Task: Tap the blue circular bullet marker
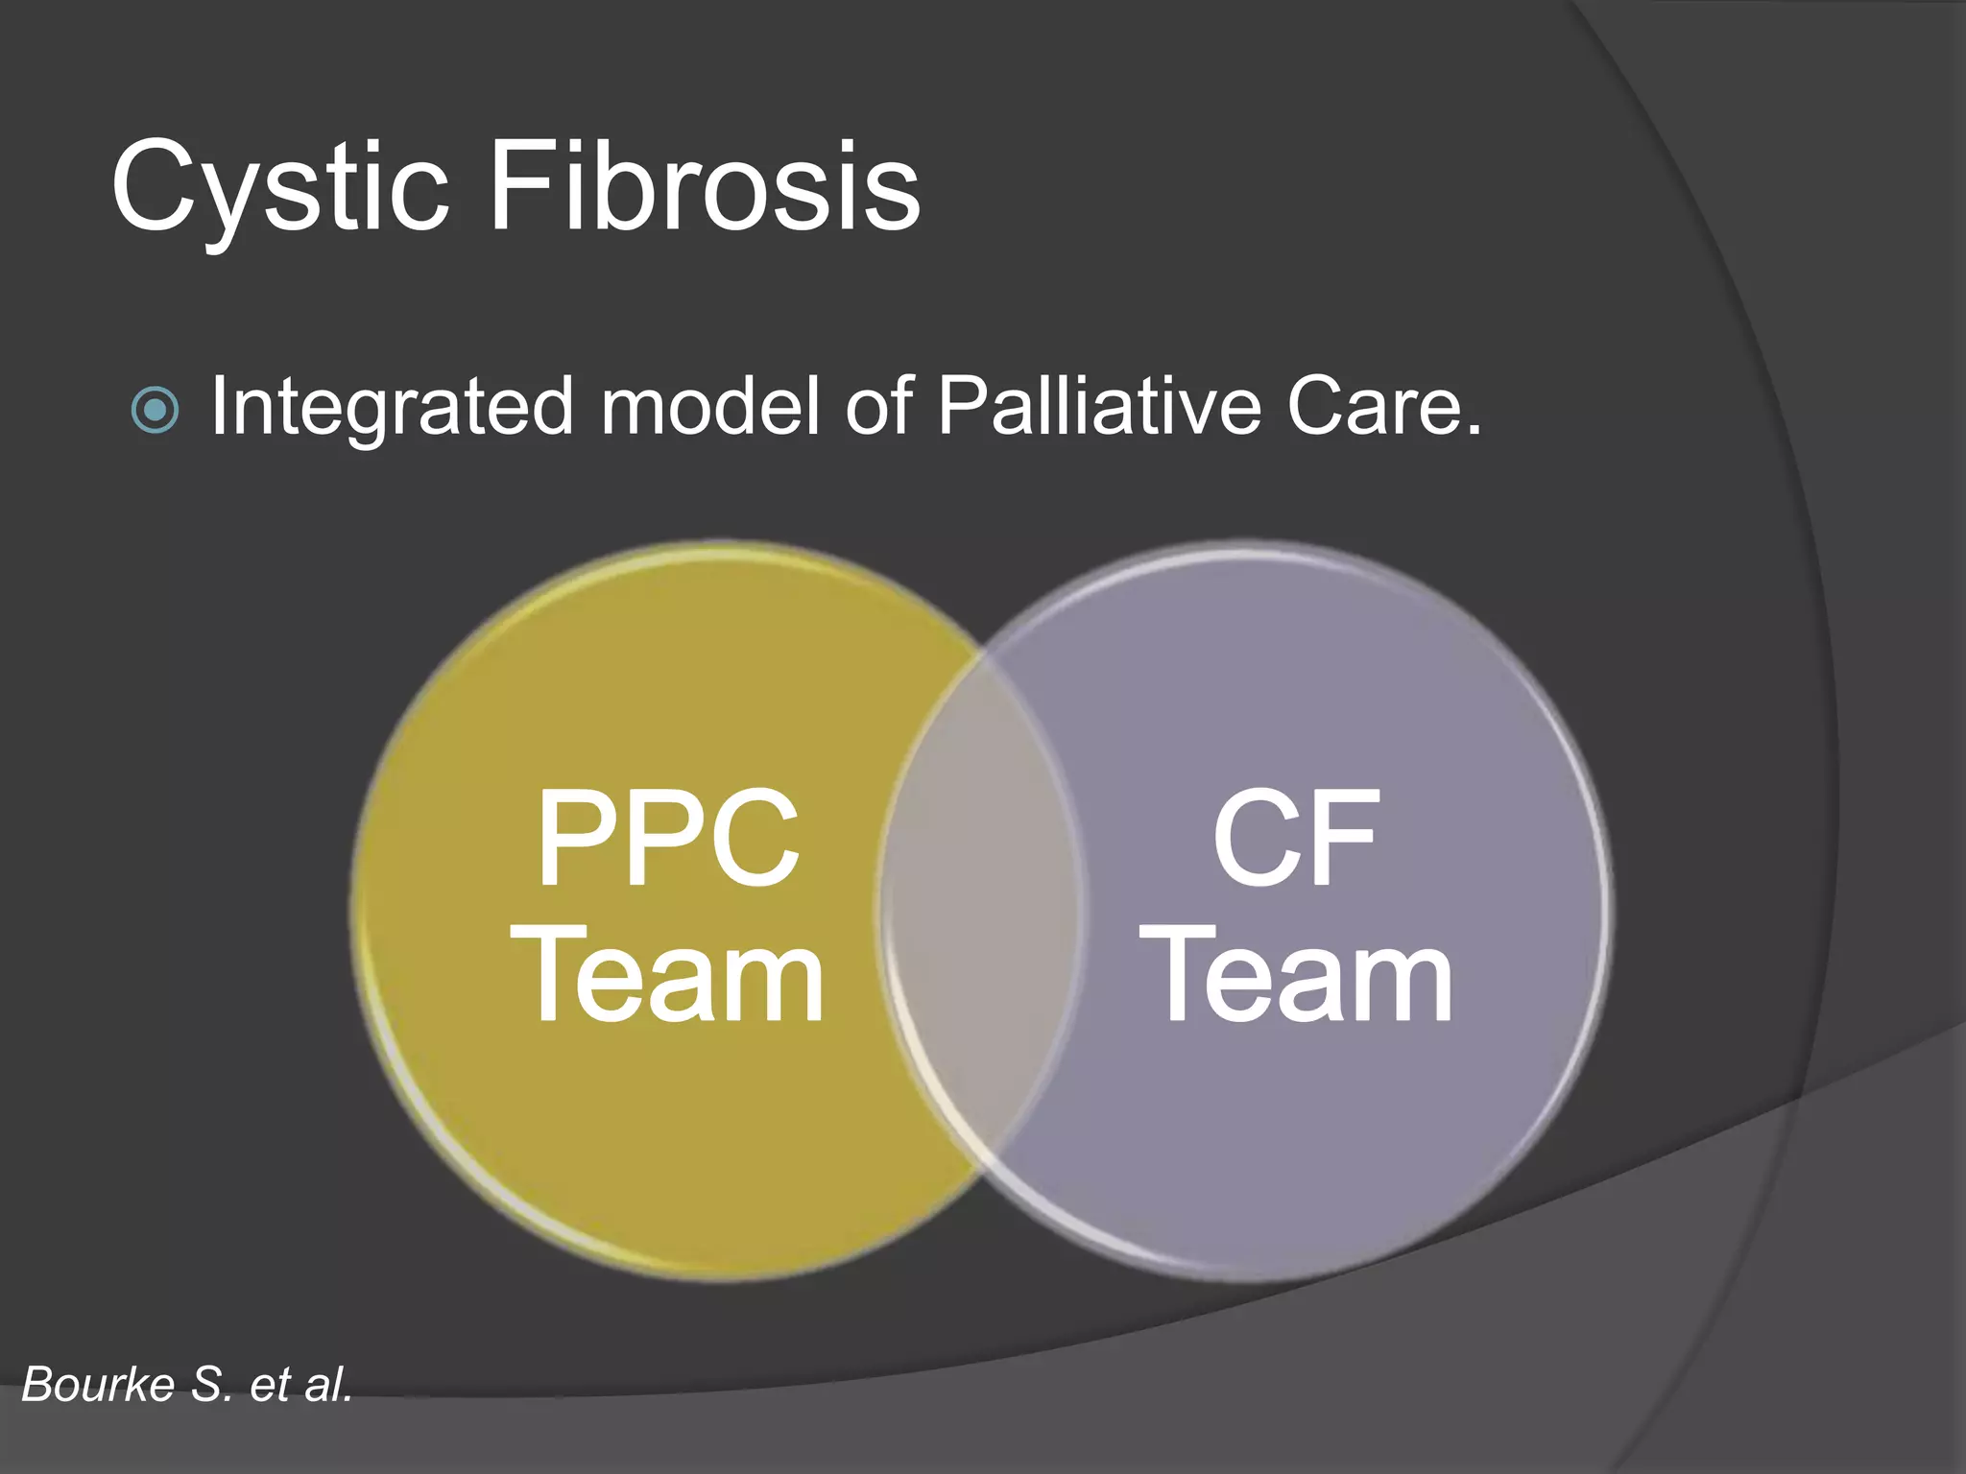155,410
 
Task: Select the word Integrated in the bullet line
392,408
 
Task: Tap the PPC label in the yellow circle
668,837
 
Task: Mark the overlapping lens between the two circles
981,907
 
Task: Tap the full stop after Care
1474,431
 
